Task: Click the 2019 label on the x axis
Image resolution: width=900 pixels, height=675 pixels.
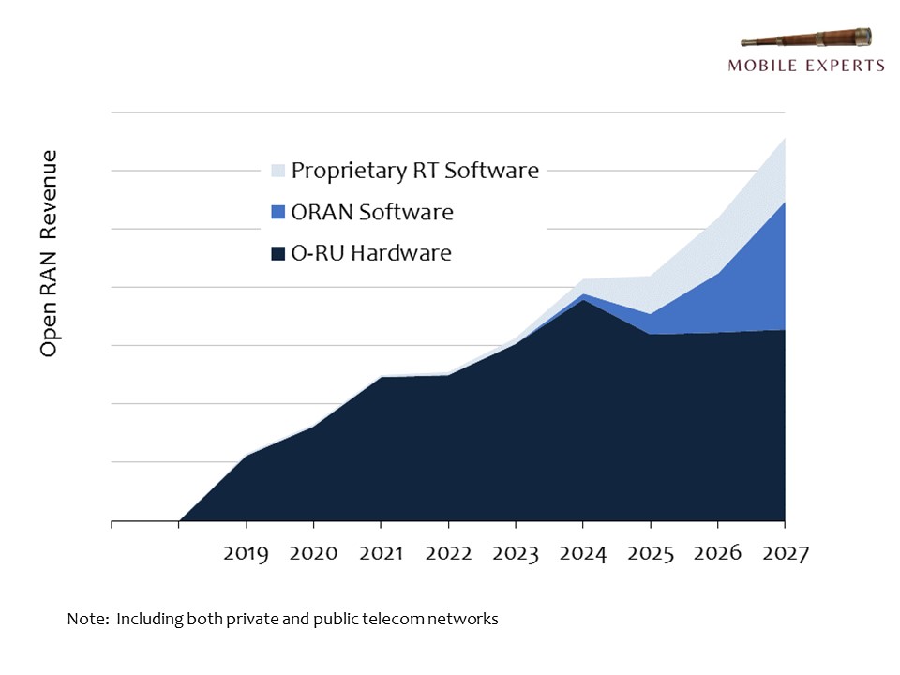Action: (x=246, y=554)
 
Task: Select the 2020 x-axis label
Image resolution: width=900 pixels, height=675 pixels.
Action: (x=313, y=554)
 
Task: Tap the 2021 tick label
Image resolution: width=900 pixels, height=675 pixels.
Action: (x=381, y=554)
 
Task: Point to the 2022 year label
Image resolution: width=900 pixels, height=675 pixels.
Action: (x=448, y=554)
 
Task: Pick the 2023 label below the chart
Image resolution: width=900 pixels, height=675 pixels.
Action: (x=516, y=554)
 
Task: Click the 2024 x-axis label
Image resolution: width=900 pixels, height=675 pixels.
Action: (x=583, y=554)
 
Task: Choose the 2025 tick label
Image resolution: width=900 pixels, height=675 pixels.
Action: (x=651, y=554)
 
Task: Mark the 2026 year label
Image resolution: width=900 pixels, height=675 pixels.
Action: (x=717, y=554)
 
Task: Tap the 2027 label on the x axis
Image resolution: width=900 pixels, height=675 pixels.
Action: (x=784, y=554)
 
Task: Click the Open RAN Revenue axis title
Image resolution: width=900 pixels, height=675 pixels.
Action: (x=50, y=253)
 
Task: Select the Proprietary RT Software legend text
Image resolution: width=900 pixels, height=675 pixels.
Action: (x=414, y=171)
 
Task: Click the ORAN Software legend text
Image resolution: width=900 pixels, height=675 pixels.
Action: (x=372, y=212)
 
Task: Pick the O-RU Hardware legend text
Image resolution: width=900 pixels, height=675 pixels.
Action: (x=371, y=253)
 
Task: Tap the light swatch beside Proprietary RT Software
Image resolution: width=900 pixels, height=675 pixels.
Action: (x=277, y=171)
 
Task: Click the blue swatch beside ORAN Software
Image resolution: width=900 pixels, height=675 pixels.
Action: (x=277, y=212)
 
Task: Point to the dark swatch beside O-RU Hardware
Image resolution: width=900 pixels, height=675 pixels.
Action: (x=277, y=253)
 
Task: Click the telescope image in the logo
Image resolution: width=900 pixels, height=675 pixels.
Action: (x=806, y=39)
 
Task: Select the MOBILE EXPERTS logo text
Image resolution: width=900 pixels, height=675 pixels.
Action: (x=806, y=66)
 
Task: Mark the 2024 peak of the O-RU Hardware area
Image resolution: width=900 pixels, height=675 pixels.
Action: (x=583, y=301)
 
